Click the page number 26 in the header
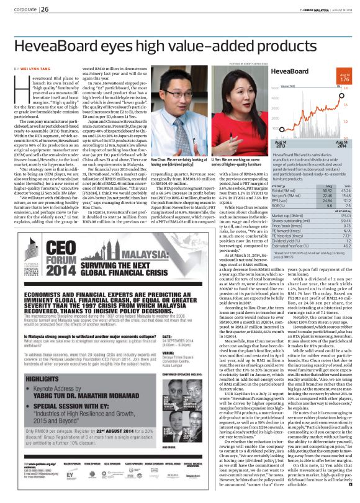pos(46,9)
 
